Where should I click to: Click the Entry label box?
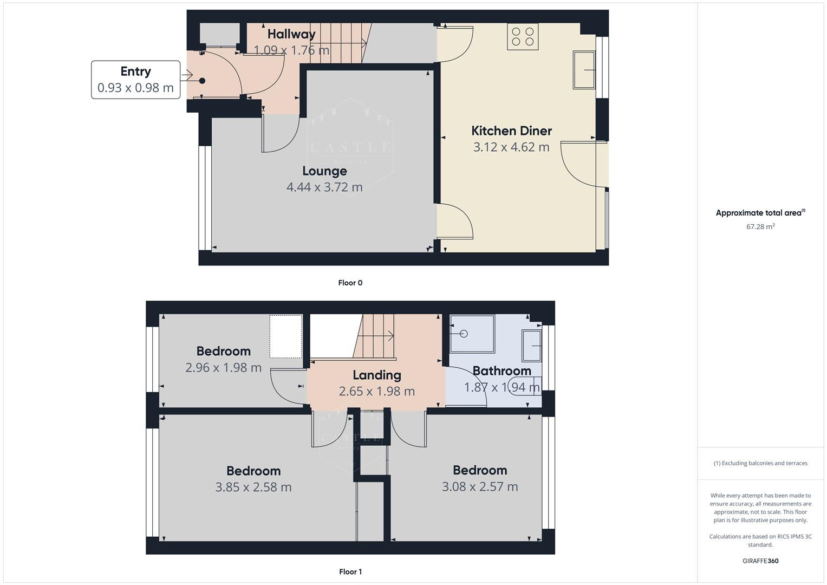click(135, 80)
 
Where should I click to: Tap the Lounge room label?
click(324, 171)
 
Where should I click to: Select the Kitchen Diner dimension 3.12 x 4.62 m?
click(511, 147)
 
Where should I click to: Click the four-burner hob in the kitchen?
click(523, 37)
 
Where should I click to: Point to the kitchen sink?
click(584, 70)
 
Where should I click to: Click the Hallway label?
click(291, 34)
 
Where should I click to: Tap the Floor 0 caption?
click(350, 283)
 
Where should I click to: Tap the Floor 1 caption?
click(350, 571)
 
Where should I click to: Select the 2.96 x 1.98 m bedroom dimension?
click(223, 368)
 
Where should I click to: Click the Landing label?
click(377, 375)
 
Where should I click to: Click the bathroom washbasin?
click(531, 346)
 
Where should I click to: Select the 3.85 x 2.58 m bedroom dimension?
click(253, 487)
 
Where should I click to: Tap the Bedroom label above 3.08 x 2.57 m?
click(480, 470)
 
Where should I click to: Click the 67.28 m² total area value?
click(760, 226)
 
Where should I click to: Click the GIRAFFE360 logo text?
click(760, 561)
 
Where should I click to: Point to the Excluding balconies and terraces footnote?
click(760, 463)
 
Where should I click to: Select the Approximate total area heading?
click(760, 213)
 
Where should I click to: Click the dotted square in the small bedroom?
click(286, 336)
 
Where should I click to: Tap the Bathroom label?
click(502, 371)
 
